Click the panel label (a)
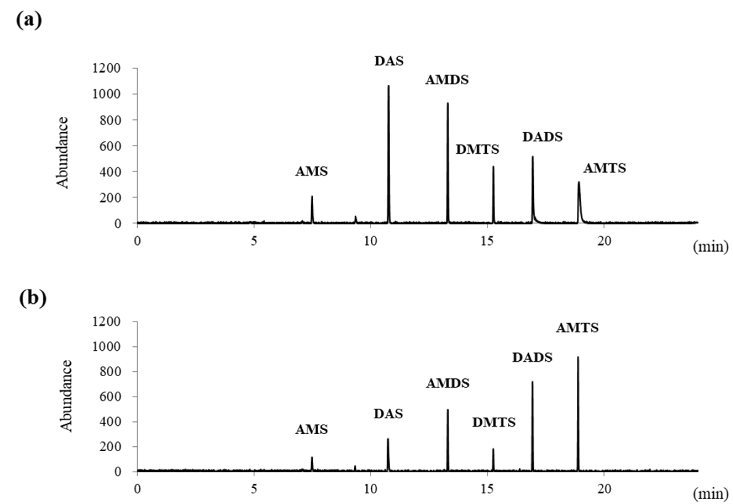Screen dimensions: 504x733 (x=29, y=20)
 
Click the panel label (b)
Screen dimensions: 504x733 (x=33, y=298)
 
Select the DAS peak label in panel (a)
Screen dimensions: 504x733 (x=389, y=61)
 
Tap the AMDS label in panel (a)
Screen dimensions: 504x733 (x=447, y=80)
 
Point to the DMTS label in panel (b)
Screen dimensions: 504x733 (x=494, y=422)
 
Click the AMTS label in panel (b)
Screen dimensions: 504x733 (x=577, y=328)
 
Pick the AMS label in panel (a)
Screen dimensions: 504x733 (x=311, y=172)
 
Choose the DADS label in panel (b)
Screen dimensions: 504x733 (x=532, y=358)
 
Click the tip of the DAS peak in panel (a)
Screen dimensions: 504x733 (x=389, y=86)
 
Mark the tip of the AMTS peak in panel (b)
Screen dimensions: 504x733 (x=578, y=357)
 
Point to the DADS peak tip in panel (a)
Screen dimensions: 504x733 (x=532, y=156)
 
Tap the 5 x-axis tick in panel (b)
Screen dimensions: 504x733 (x=254, y=489)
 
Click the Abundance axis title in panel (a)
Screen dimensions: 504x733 (x=63, y=153)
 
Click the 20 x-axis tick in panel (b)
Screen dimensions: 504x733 (x=604, y=489)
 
